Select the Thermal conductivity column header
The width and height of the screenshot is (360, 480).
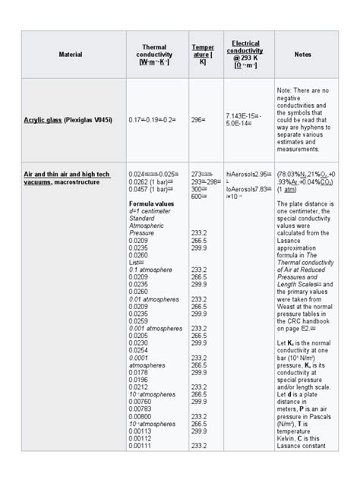154,55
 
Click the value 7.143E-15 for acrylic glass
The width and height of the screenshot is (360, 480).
242,115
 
